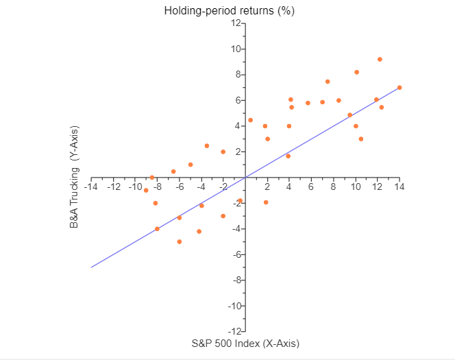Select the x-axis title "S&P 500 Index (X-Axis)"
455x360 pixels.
[x=245, y=343]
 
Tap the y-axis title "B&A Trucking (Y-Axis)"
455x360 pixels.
[x=75, y=178]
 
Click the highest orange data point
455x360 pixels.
[x=380, y=60]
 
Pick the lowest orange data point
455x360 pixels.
[x=180, y=241]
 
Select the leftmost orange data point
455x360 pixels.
[x=146, y=190]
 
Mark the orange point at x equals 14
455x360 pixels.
[x=399, y=88]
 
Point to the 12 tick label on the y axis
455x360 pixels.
[x=236, y=23]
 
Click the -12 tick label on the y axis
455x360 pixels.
[x=234, y=332]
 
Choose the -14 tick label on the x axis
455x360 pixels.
[x=91, y=187]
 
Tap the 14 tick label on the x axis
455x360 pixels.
[x=399, y=187]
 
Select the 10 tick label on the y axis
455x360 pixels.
[x=236, y=49]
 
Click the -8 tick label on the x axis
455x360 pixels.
[x=157, y=187]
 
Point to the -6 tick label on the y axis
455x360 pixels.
[x=236, y=254]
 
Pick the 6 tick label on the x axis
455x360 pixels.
[x=311, y=187]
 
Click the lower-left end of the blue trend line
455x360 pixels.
[x=92, y=267]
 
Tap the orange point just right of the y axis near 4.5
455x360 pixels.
[x=251, y=120]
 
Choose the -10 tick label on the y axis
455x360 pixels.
[x=234, y=306]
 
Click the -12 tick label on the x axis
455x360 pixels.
[x=113, y=187]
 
